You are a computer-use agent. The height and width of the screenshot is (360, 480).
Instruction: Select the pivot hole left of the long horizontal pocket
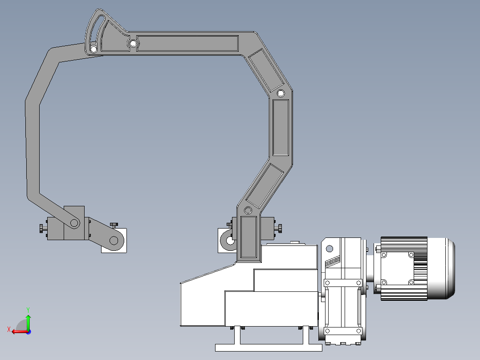133,43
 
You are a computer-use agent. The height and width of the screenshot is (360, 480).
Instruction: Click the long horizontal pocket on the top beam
187,43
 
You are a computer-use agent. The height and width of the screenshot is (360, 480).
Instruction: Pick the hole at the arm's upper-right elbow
281,93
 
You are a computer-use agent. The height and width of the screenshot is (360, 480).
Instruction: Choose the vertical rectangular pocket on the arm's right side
281,127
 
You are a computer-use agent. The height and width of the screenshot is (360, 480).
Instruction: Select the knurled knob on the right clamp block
280,228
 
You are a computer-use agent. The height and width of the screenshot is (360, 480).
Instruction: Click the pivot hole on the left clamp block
74,223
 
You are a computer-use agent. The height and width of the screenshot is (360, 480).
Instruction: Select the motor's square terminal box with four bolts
397,268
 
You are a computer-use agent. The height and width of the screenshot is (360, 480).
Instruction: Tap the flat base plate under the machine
268,347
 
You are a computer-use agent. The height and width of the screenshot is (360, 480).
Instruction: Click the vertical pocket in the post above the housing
248,237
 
